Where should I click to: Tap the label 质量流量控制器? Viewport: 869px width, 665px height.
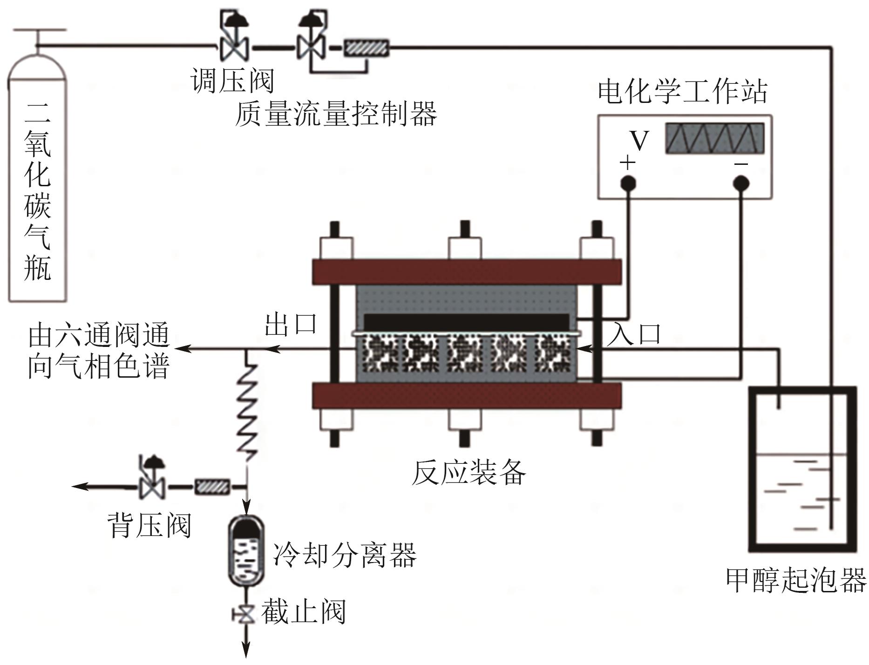[x=336, y=114]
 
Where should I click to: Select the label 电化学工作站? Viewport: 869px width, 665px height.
[x=683, y=91]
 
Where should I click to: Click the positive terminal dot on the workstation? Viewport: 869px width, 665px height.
[x=628, y=183]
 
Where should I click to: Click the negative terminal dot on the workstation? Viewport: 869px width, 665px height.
[x=741, y=183]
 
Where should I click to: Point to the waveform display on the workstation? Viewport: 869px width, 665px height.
[x=714, y=138]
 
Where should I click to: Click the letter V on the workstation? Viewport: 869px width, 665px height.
[x=639, y=140]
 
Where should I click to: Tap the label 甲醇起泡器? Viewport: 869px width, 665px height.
[x=796, y=580]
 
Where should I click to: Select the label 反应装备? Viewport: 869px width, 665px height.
[x=468, y=473]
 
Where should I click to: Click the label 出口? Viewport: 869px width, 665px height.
[x=291, y=324]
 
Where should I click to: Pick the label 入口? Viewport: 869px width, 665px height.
[x=634, y=333]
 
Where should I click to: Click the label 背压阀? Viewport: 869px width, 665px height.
[x=149, y=525]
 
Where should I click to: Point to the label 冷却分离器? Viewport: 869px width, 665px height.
[x=345, y=555]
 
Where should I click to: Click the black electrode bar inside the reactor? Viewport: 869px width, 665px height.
[x=466, y=322]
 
